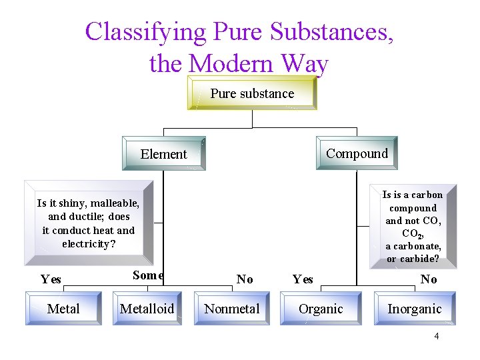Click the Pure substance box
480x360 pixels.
pos(252,94)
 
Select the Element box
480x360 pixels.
pos(163,154)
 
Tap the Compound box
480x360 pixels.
pos(357,153)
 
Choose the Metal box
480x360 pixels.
pos(63,309)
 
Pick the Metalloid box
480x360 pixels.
pos(147,309)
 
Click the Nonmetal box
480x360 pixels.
pos(232,309)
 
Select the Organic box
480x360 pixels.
pos(321,309)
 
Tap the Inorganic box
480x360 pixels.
pos(414,309)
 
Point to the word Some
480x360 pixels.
pos(148,275)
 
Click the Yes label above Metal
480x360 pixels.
pos(51,279)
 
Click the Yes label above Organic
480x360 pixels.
pos(303,279)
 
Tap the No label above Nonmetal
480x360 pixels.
pos(245,279)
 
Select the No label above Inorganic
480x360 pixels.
pos(429,279)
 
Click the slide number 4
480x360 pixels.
pos(436,336)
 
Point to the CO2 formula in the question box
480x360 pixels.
pos(411,233)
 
